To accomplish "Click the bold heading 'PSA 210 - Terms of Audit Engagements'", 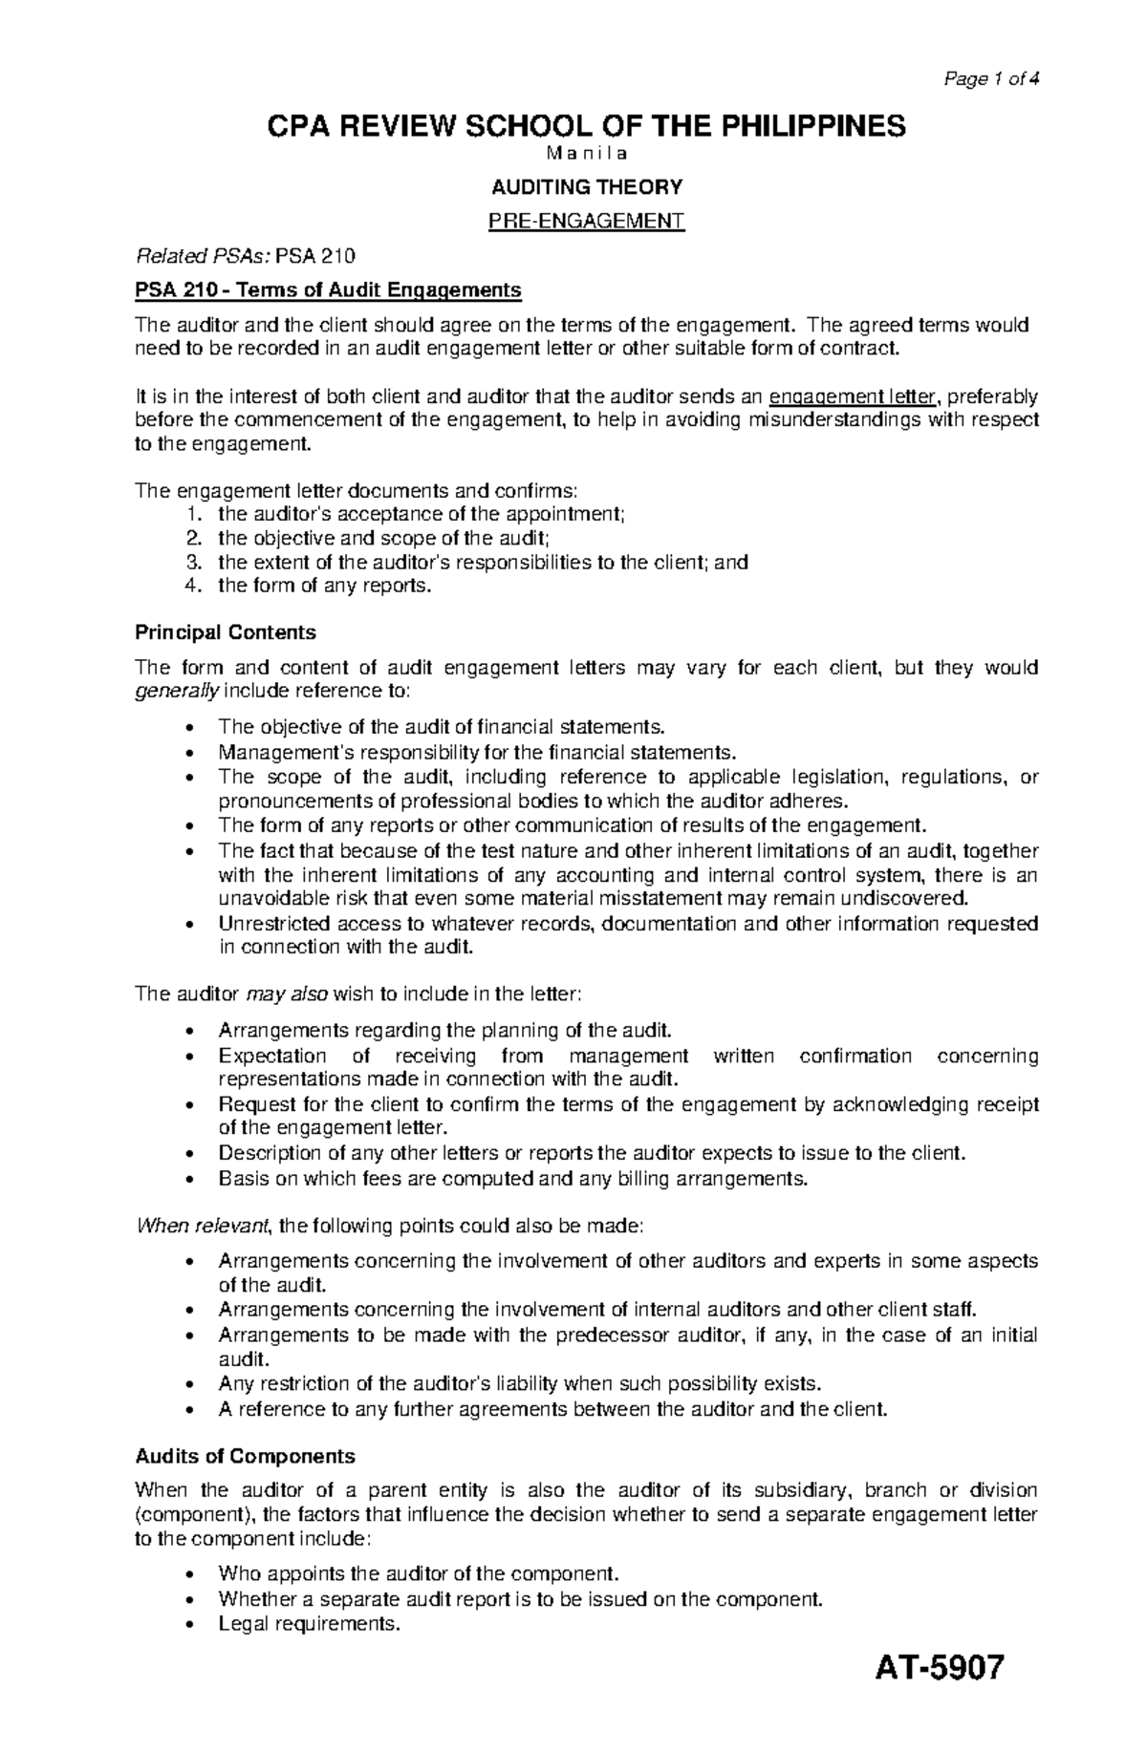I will pyautogui.click(x=328, y=289).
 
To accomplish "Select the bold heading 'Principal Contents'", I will pyautogui.click(x=225, y=632).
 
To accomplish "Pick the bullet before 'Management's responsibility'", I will pyautogui.click(x=195, y=752).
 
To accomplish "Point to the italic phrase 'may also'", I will pyautogui.click(x=287, y=994).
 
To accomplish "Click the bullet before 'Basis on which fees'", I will pyautogui.click(x=195, y=1179).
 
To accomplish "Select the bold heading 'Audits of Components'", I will pyautogui.click(x=245, y=1456).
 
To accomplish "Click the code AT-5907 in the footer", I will pyautogui.click(x=940, y=1696).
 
